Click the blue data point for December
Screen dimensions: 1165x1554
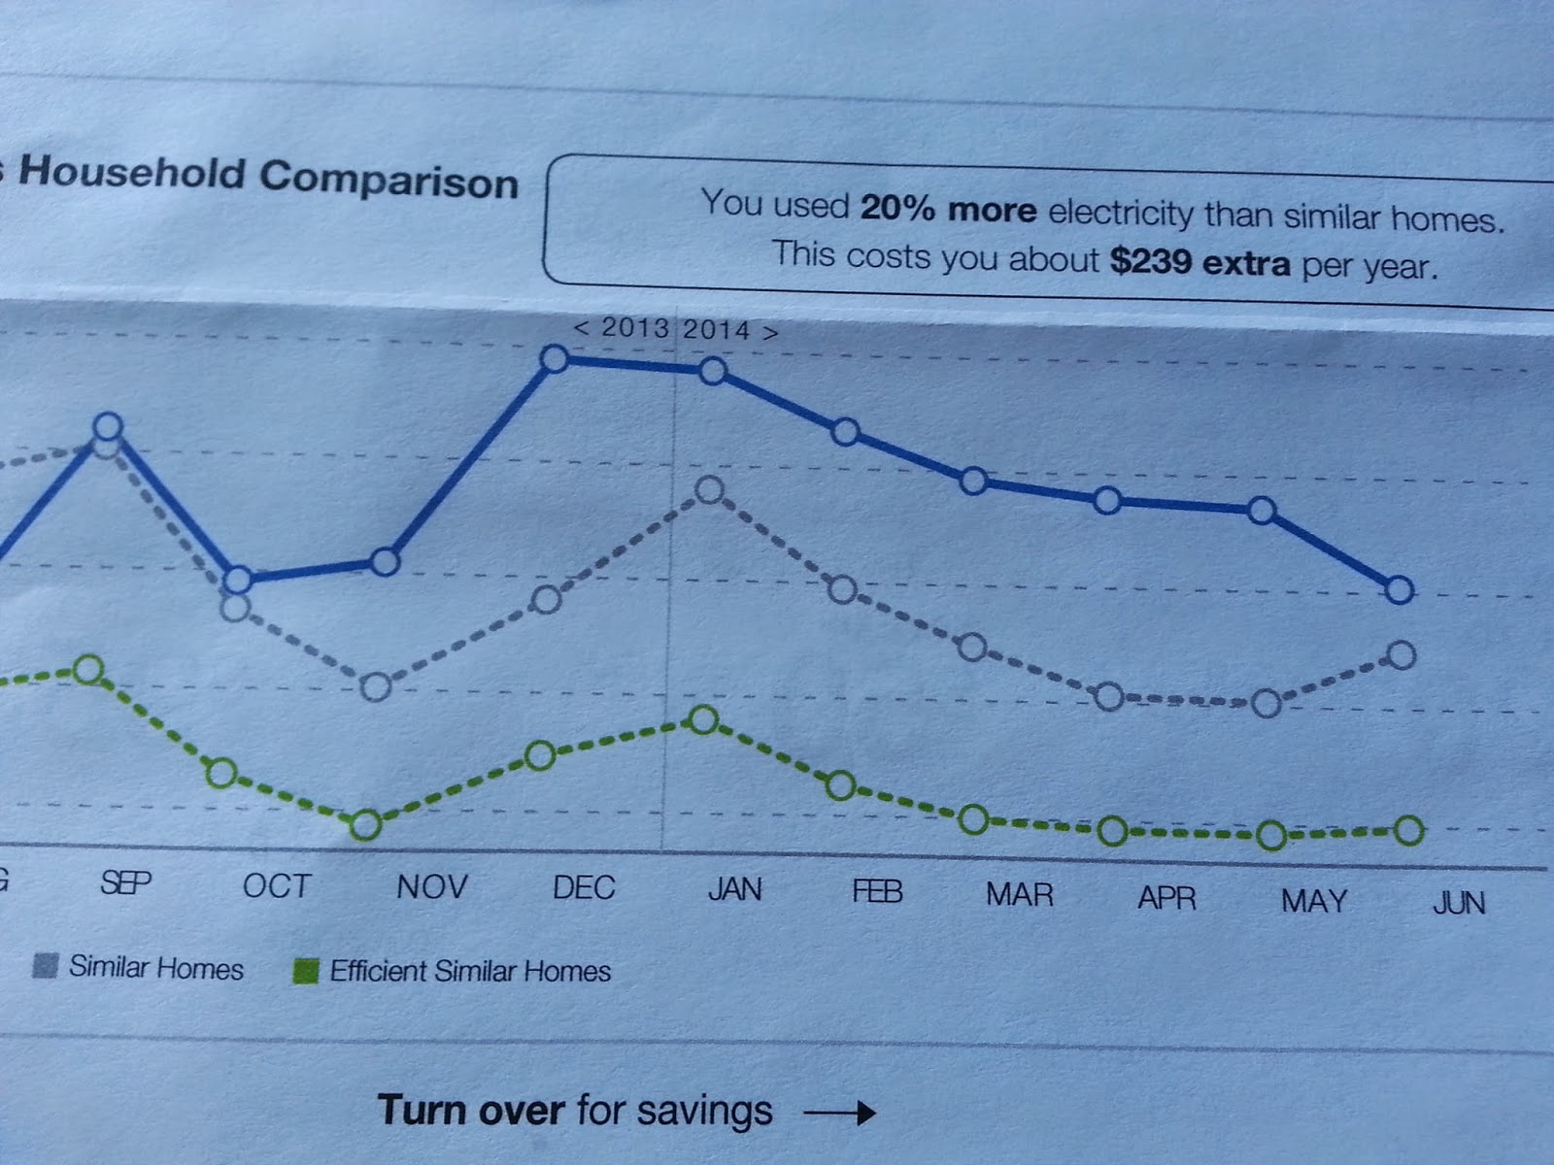coord(554,359)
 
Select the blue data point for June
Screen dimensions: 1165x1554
coord(1399,589)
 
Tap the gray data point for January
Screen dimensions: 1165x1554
coord(710,490)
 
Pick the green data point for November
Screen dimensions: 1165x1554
coord(365,825)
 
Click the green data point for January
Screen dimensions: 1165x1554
coord(703,720)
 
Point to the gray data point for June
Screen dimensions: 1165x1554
coord(1402,655)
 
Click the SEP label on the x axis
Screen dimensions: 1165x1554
coord(125,883)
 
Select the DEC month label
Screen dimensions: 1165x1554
coord(584,887)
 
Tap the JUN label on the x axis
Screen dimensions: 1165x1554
coord(1459,903)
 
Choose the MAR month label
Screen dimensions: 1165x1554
coord(1020,894)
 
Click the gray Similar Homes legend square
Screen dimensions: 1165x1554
coord(45,966)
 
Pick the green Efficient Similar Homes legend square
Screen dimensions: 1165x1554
coord(306,971)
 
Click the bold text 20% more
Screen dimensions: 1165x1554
coord(948,209)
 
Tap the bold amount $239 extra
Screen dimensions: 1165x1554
coord(1200,262)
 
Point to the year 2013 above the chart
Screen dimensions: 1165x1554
coord(634,328)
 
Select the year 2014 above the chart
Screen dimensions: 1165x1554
coord(716,330)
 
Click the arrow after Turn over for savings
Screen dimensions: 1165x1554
coord(840,1113)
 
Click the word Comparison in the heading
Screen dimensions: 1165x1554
coord(388,180)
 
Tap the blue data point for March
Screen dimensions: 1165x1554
coord(973,481)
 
